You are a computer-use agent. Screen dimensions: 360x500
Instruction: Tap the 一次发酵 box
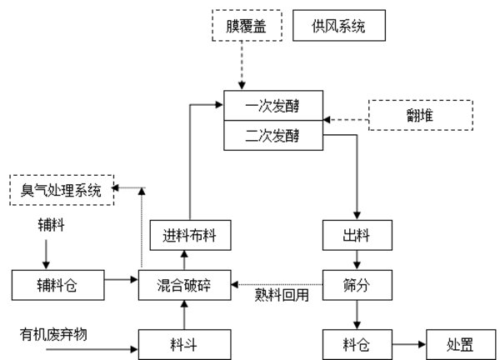[272, 107]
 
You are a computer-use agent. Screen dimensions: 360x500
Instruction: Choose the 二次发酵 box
[272, 132]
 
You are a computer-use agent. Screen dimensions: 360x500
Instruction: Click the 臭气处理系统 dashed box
[61, 189]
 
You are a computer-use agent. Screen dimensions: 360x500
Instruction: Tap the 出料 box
[357, 235]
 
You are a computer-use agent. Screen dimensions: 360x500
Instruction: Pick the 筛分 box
[357, 283]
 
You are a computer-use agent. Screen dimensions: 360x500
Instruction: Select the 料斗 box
[184, 341]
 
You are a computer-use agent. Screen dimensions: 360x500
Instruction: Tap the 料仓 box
[357, 341]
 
